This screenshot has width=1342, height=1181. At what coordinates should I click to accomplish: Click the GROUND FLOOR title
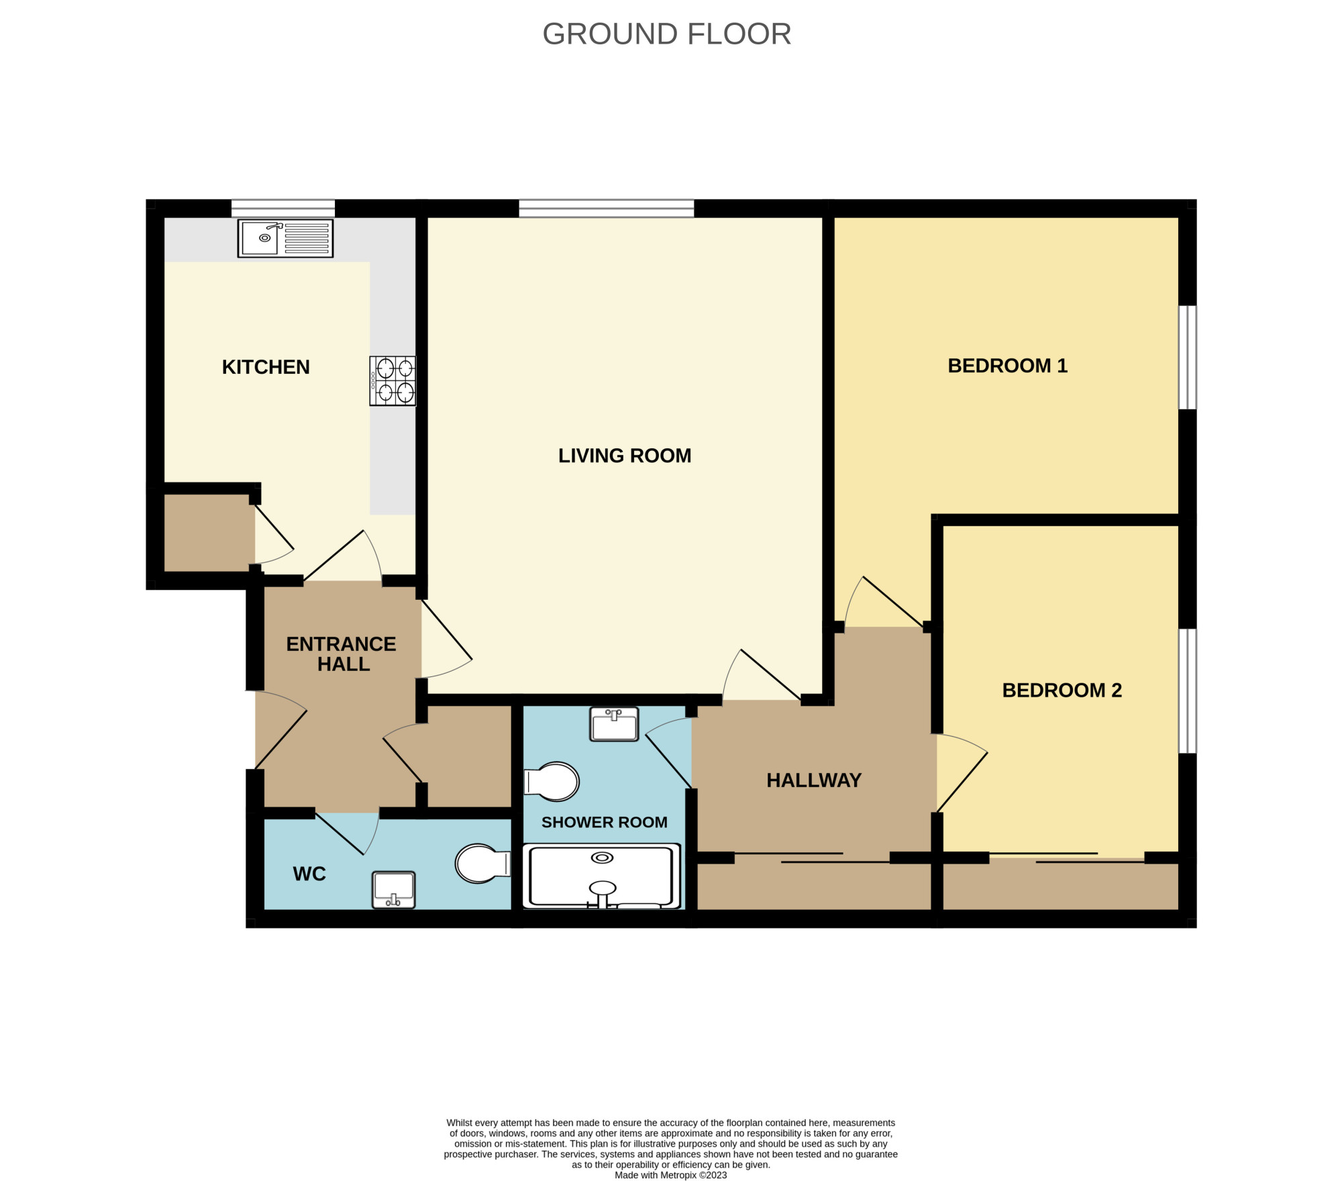click(666, 34)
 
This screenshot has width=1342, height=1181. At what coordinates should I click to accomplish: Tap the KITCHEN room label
click(266, 367)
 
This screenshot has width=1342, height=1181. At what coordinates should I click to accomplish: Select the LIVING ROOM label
click(625, 456)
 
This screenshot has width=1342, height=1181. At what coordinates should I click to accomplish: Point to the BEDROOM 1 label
click(1007, 366)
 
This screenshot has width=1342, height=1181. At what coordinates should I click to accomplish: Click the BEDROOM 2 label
click(1062, 690)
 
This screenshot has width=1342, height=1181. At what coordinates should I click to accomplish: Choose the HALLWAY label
click(814, 780)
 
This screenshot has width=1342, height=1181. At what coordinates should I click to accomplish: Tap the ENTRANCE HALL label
click(341, 654)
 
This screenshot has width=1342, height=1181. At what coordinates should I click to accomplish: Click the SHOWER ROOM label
click(604, 822)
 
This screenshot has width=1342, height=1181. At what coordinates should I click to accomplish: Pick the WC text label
click(309, 874)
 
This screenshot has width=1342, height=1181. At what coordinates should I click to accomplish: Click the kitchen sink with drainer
click(285, 238)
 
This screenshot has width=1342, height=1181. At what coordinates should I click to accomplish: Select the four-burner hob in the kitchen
click(393, 380)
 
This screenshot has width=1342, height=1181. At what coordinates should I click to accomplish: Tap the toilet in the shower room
click(551, 782)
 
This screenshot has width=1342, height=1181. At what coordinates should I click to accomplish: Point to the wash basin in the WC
click(394, 890)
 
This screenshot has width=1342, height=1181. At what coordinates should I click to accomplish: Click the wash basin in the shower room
click(614, 725)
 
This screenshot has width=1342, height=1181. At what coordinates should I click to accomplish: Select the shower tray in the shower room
click(602, 876)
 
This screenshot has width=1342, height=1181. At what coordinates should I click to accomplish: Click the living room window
click(607, 208)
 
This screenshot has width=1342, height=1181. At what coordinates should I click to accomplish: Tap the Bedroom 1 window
click(1188, 358)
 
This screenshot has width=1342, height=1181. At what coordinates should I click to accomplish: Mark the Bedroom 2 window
click(1188, 690)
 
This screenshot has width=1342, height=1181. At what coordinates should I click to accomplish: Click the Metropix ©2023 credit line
click(670, 1175)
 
